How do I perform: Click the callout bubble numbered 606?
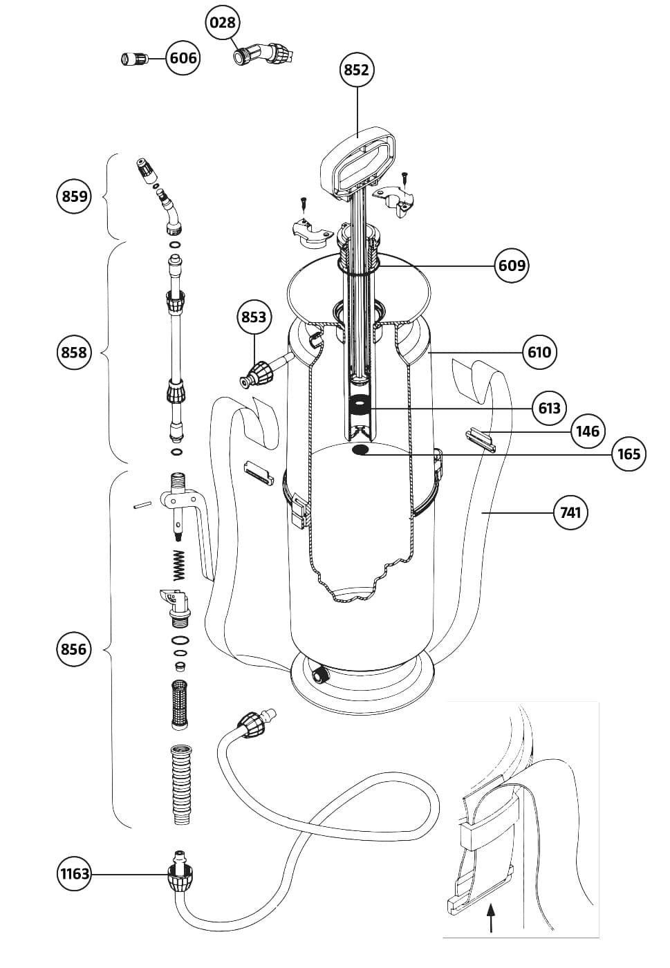tap(183, 58)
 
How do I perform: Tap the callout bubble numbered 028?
tap(223, 23)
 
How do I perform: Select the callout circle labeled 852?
tap(357, 69)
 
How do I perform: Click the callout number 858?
tap(73, 353)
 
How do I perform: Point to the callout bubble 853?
tap(254, 317)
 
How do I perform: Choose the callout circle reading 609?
tap(512, 266)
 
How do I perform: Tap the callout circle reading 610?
tap(539, 353)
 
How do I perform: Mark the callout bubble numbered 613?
tap(549, 408)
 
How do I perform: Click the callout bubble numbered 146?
tap(588, 431)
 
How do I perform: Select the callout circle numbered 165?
tap(629, 454)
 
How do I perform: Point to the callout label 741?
tap(571, 512)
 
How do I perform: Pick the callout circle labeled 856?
tap(73, 649)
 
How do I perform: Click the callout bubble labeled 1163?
tap(74, 874)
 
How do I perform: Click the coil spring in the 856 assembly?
tap(180, 565)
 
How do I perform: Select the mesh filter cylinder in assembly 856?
tap(179, 704)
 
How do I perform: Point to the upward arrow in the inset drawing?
tap(491, 920)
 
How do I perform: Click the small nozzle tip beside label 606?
tap(131, 59)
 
